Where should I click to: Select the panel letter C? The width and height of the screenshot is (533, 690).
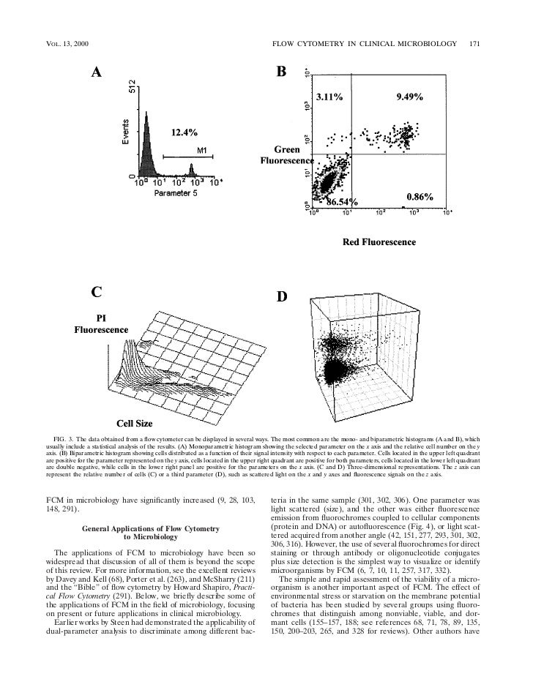click(96, 292)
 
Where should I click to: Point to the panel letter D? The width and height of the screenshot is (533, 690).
click(281, 297)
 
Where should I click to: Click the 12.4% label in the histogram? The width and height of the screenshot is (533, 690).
click(184, 132)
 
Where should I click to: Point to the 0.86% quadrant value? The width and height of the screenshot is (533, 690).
click(420, 197)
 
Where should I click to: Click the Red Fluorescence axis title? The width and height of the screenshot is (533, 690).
click(379, 241)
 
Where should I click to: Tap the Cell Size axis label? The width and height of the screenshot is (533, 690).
click(132, 422)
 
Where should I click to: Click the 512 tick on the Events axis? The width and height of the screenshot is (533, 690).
click(133, 86)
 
